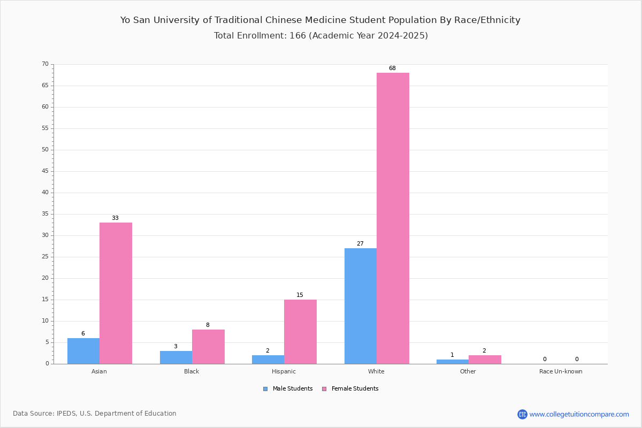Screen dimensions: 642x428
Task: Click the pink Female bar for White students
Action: [393, 218]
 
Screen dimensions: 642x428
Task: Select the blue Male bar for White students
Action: [361, 306]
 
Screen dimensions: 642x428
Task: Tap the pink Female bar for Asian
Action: [116, 293]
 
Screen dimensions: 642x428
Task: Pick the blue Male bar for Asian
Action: [83, 351]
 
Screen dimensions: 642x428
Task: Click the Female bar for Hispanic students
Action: [300, 332]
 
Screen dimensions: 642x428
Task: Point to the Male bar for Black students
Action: [176, 357]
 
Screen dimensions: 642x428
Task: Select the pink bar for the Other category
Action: [485, 360]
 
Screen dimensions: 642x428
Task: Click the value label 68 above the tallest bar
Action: [392, 68]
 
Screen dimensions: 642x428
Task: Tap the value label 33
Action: [115, 218]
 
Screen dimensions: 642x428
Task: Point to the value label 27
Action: [360, 243]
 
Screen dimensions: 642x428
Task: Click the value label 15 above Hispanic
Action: [300, 295]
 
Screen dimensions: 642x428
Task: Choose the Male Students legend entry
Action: [288, 389]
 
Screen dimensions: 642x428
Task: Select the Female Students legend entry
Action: [350, 389]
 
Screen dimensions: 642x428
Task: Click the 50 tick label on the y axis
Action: [45, 150]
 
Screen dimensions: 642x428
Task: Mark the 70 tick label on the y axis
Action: [45, 64]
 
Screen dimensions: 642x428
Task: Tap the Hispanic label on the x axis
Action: [284, 371]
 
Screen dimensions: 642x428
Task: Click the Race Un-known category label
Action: [561, 371]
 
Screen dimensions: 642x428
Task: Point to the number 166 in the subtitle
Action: [298, 35]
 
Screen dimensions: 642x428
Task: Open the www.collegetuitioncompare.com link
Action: [579, 414]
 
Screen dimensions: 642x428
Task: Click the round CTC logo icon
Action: [522, 414]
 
